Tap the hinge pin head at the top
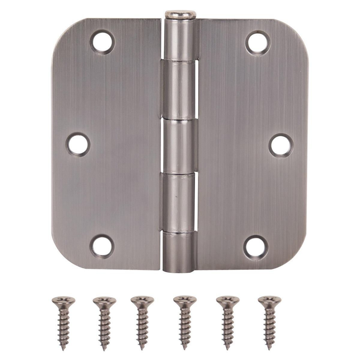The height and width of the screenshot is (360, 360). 180,14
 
